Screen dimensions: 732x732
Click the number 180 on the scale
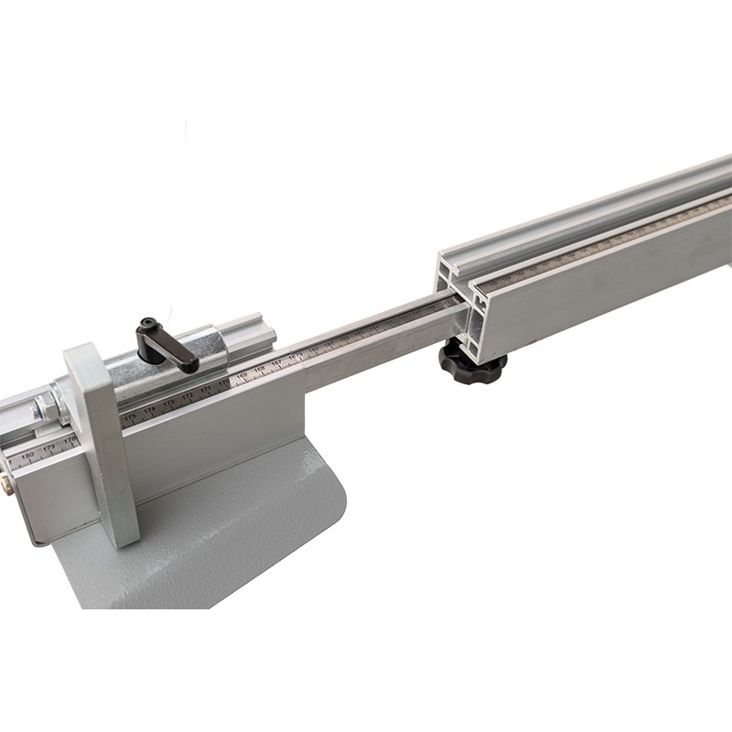pos(27,455)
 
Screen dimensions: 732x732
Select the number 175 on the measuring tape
pos(130,416)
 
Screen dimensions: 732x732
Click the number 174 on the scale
pos(149,410)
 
